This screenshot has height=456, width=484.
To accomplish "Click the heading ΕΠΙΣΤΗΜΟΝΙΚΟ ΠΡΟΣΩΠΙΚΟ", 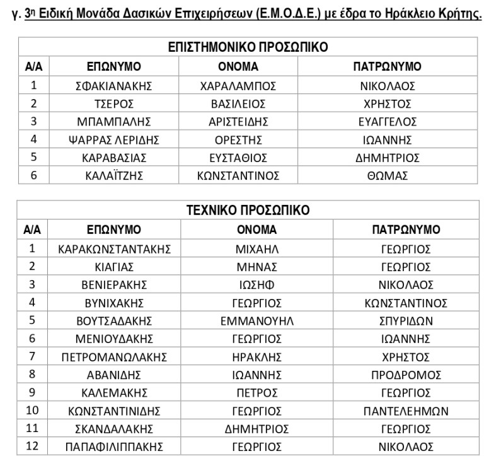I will [x=247, y=47].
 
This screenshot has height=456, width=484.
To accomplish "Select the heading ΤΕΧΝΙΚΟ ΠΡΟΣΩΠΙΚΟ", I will [x=248, y=210].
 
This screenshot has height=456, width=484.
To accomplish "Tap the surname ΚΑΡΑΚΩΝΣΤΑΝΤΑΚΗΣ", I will [x=114, y=249].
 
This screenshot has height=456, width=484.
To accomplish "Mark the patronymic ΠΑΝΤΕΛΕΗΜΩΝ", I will [x=406, y=411].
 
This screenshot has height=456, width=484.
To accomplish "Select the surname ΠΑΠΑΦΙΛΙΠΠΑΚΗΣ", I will [x=114, y=447].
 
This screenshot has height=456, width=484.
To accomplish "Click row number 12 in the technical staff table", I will [x=33, y=447].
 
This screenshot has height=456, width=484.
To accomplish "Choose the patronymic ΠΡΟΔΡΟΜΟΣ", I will [x=406, y=375].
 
